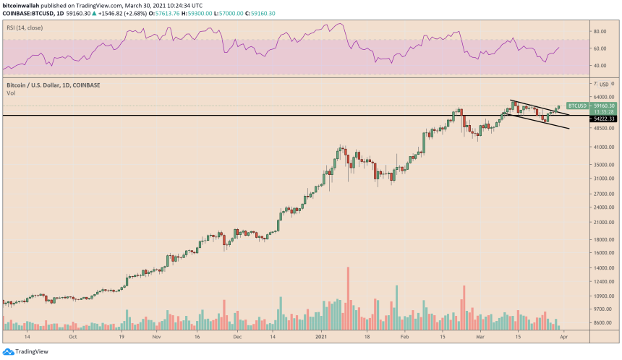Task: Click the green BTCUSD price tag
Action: click(x=576, y=106)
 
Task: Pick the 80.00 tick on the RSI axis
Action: click(x=600, y=32)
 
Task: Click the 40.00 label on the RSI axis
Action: click(x=600, y=66)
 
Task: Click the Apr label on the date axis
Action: click(x=564, y=337)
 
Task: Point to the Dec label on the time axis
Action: click(x=237, y=337)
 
